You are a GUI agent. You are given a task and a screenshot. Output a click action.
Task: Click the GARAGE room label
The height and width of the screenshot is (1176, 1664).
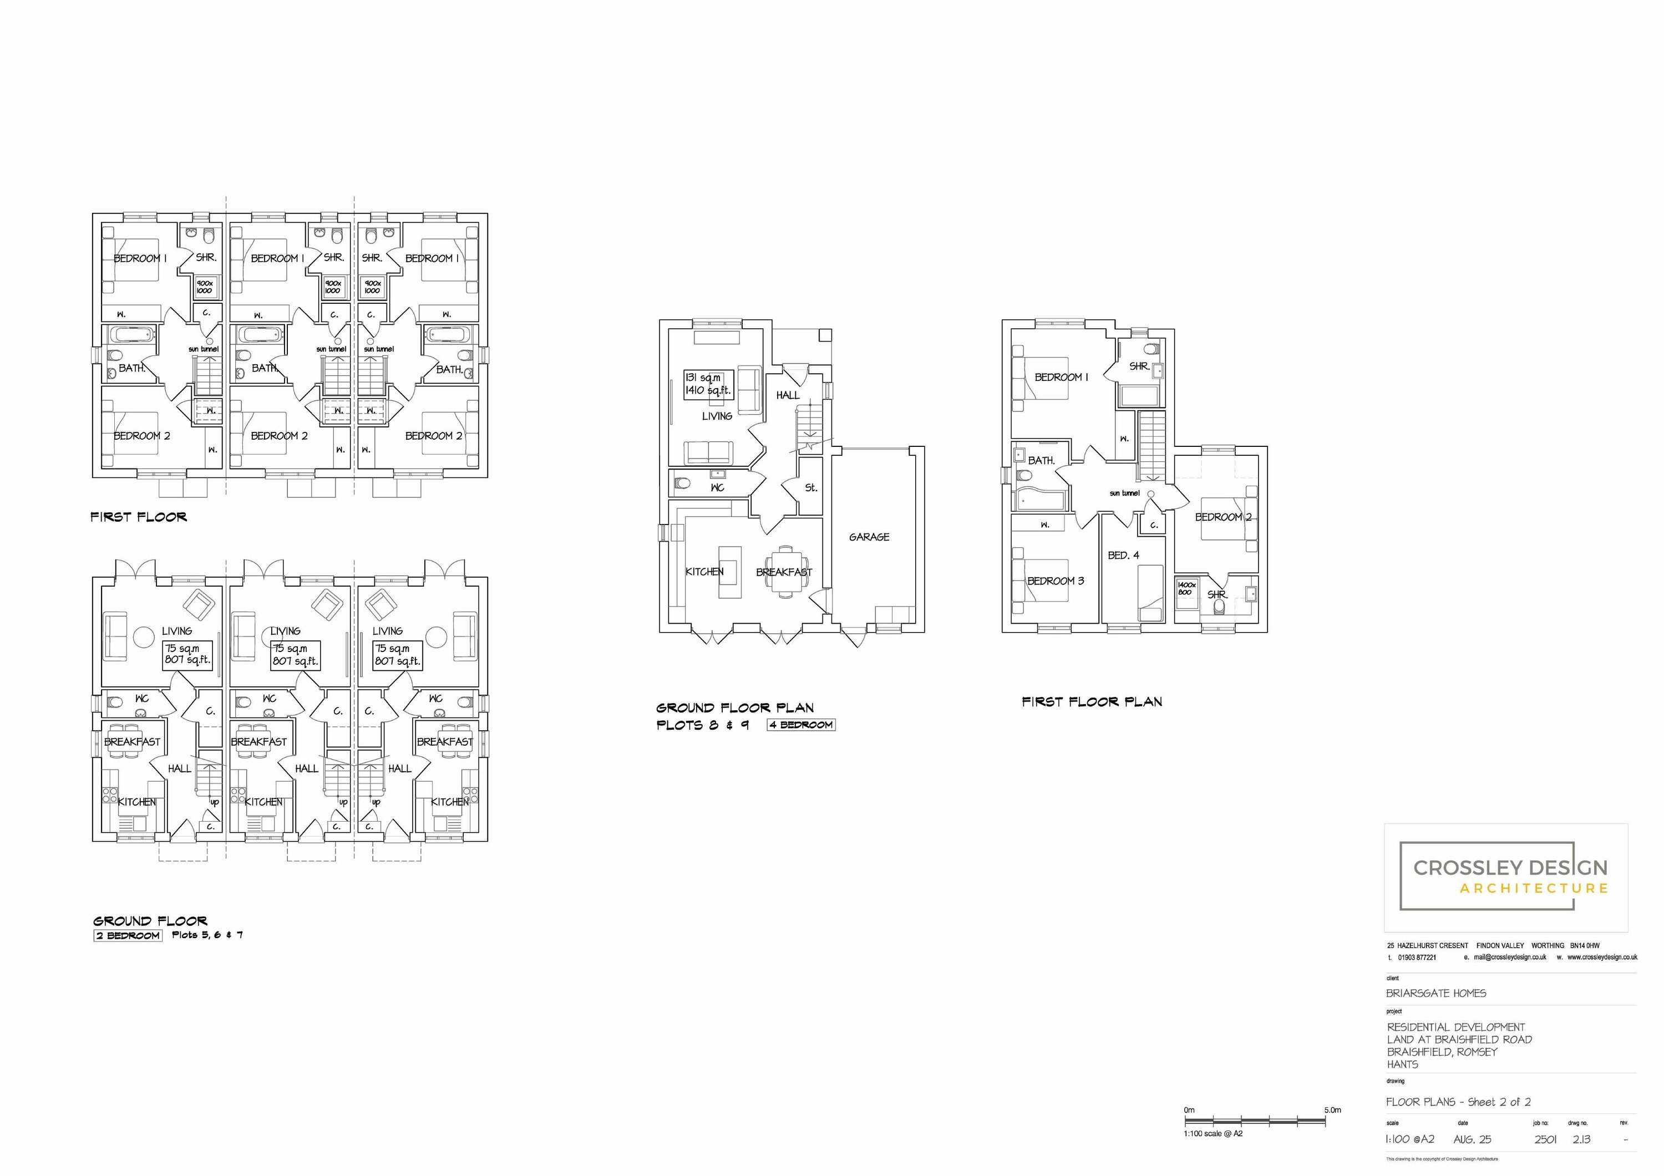pyautogui.click(x=869, y=537)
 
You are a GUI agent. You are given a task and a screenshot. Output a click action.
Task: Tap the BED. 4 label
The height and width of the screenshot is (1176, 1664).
pyautogui.click(x=1123, y=555)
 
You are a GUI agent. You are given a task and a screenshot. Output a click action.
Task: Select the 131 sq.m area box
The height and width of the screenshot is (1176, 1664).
pyautogui.click(x=708, y=384)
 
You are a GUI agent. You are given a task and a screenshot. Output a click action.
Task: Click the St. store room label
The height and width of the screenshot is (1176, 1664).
pyautogui.click(x=811, y=488)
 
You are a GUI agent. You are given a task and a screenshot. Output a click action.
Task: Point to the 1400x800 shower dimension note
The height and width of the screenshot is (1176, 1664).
pyautogui.click(x=1186, y=588)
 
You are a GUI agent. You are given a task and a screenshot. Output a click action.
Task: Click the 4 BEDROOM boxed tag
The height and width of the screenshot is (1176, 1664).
pyautogui.click(x=801, y=725)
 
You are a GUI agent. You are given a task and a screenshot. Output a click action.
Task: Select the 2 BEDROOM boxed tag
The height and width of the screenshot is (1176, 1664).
pyautogui.click(x=128, y=935)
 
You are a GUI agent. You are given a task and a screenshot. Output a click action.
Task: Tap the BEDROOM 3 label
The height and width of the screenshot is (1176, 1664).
pyautogui.click(x=1055, y=581)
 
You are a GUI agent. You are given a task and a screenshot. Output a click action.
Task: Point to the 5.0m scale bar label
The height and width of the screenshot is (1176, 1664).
pyautogui.click(x=1332, y=1109)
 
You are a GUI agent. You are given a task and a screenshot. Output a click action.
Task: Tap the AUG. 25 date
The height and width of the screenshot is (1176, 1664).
pyautogui.click(x=1472, y=1139)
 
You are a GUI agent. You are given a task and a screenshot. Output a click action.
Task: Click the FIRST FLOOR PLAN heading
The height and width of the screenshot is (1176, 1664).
pyautogui.click(x=1092, y=701)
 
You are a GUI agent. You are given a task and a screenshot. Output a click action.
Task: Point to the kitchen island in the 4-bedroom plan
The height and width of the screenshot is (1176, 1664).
pyautogui.click(x=730, y=572)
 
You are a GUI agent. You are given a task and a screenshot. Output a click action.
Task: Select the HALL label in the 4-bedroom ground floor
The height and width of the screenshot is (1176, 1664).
pyautogui.click(x=788, y=395)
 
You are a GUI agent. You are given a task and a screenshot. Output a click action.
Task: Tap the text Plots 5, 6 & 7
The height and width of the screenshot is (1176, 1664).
pyautogui.click(x=207, y=935)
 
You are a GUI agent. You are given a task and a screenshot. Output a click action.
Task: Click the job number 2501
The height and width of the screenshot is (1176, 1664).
pyautogui.click(x=1545, y=1139)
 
